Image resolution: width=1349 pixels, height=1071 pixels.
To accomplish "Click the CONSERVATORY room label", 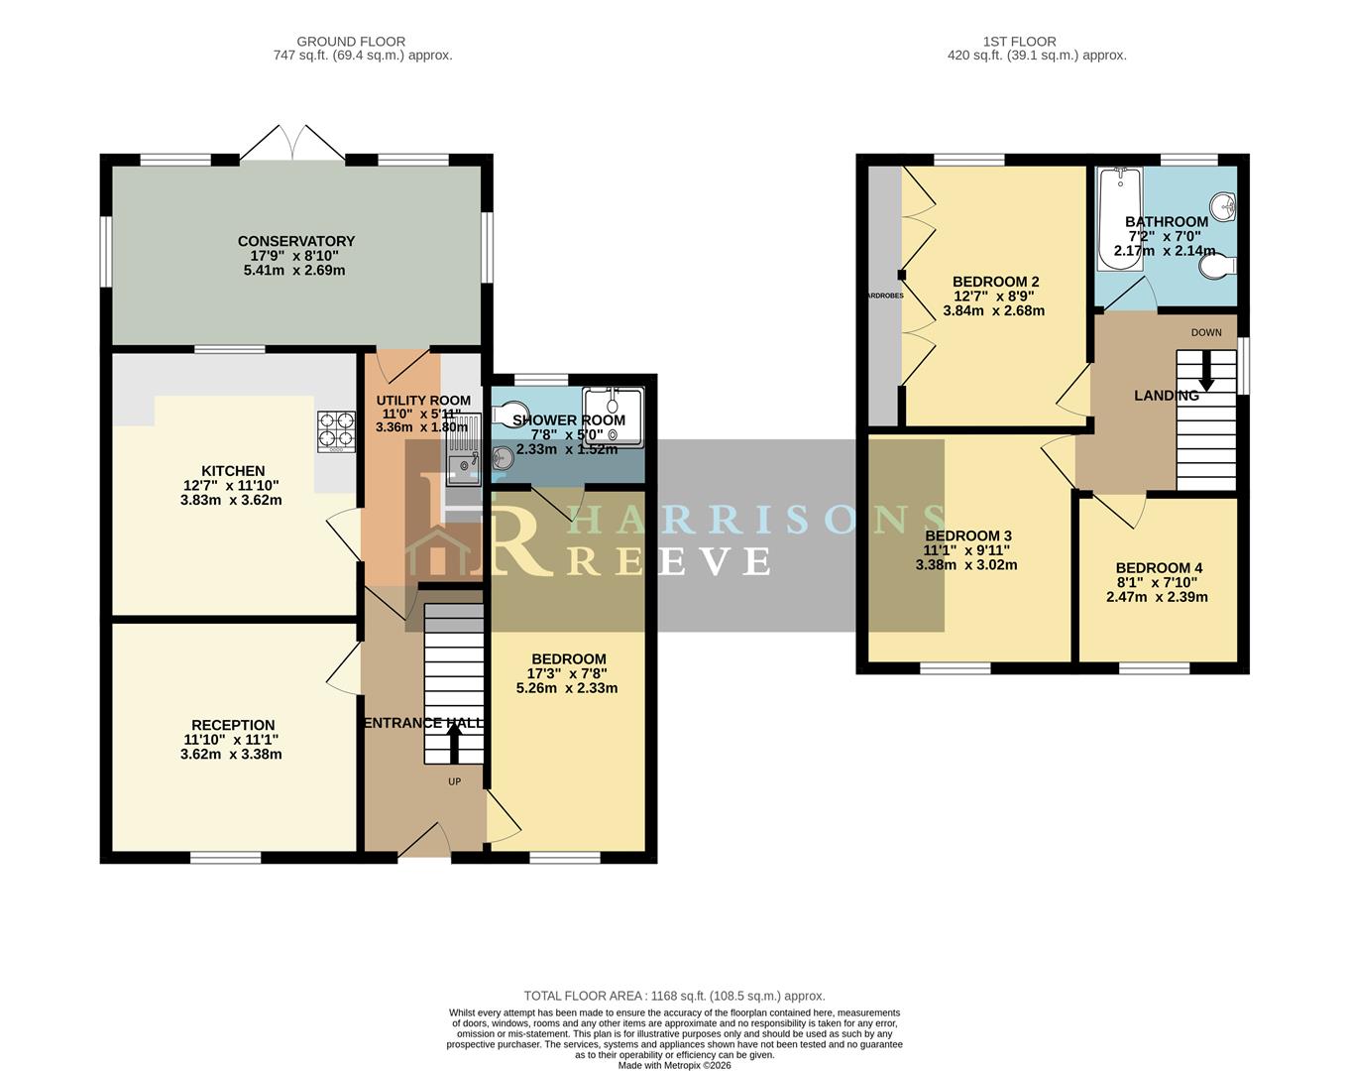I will (x=295, y=241).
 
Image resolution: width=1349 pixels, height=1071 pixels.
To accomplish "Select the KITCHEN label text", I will (x=233, y=471).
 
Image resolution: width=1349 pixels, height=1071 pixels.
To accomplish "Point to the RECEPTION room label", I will (x=233, y=725).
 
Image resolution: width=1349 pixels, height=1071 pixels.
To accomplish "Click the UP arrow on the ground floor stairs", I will (x=455, y=744).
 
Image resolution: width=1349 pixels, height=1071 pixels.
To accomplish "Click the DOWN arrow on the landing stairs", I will (x=1206, y=371).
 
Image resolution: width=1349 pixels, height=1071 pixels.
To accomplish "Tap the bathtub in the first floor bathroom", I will (x=1119, y=219).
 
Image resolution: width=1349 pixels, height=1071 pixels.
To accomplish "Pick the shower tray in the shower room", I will (x=612, y=416).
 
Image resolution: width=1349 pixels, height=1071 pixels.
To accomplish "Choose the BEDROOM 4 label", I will (x=1159, y=568).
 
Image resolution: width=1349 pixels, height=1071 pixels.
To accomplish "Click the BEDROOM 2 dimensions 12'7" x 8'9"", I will (x=993, y=296).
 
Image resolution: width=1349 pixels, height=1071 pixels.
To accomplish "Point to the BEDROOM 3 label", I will (x=967, y=536).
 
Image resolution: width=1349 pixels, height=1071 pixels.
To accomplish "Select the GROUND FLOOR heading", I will (x=351, y=42).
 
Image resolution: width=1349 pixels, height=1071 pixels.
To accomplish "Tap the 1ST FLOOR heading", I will (x=1019, y=42).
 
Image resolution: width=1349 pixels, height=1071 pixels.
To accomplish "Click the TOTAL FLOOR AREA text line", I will (x=674, y=996).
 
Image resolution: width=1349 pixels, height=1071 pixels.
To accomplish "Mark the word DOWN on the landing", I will (x=1206, y=332).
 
